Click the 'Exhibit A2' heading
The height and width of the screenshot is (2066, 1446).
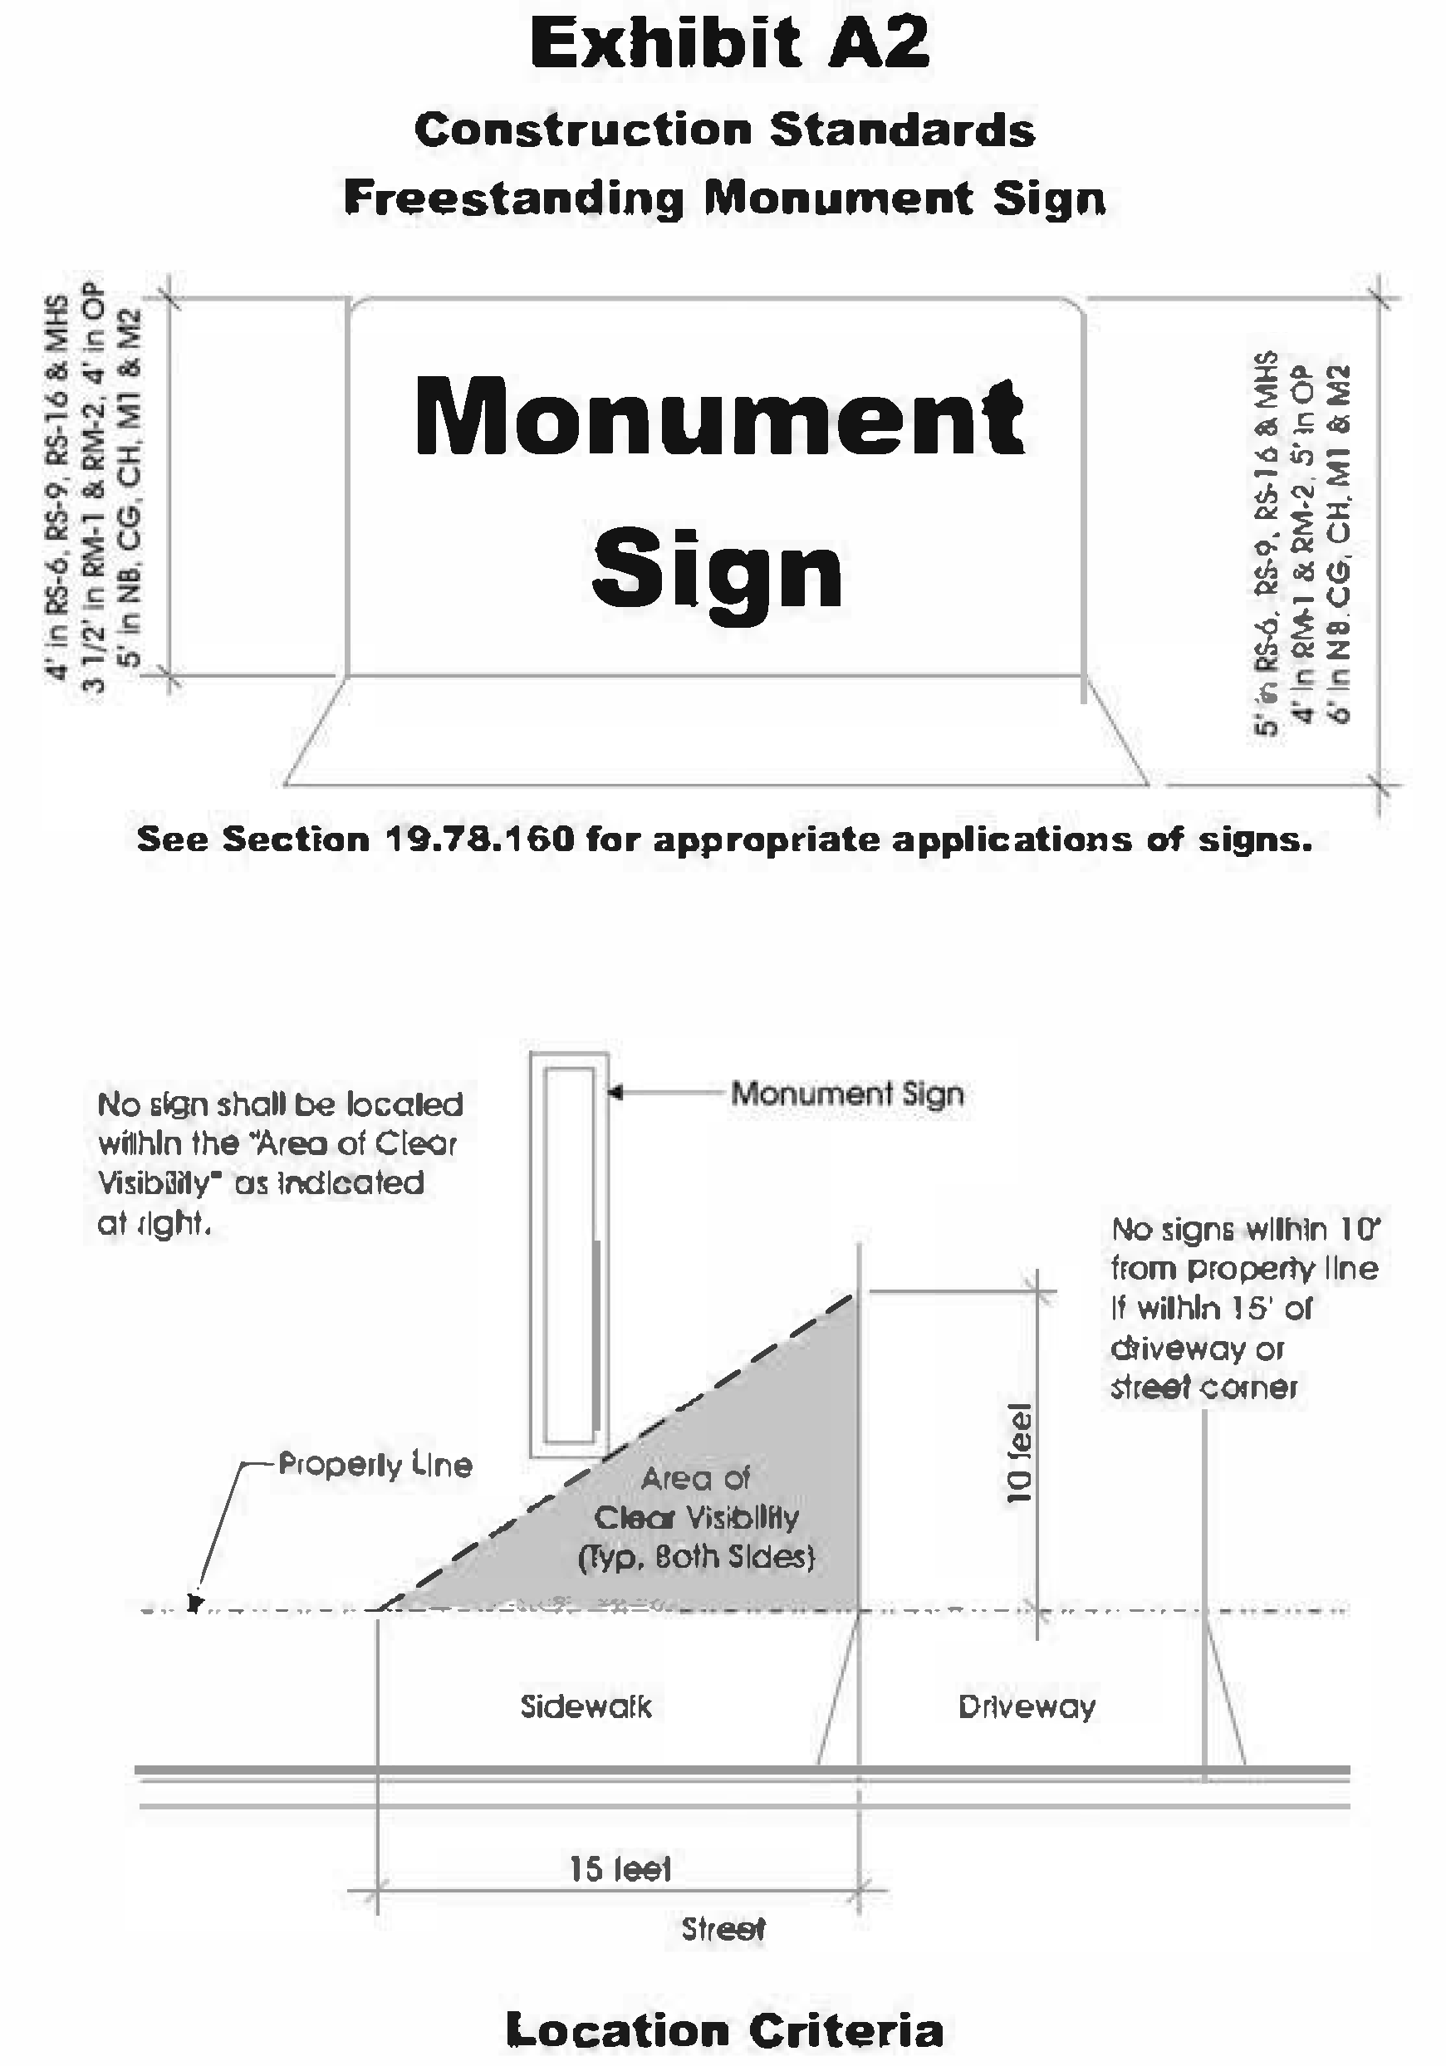729,45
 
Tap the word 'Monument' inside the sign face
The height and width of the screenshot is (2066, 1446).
719,418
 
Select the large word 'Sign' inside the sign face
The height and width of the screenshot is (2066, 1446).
717,572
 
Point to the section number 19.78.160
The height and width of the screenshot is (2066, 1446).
478,840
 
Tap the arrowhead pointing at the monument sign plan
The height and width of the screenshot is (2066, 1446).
615,1094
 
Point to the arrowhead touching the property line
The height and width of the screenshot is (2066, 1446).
194,1603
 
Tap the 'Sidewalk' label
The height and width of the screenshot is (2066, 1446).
586,1707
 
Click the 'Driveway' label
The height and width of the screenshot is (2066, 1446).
1027,1707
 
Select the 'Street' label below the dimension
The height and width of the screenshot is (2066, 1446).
723,1929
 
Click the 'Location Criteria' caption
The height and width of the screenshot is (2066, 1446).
724,2031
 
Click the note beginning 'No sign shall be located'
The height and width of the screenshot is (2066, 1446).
279,1163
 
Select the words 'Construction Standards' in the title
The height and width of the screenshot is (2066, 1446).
724,130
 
